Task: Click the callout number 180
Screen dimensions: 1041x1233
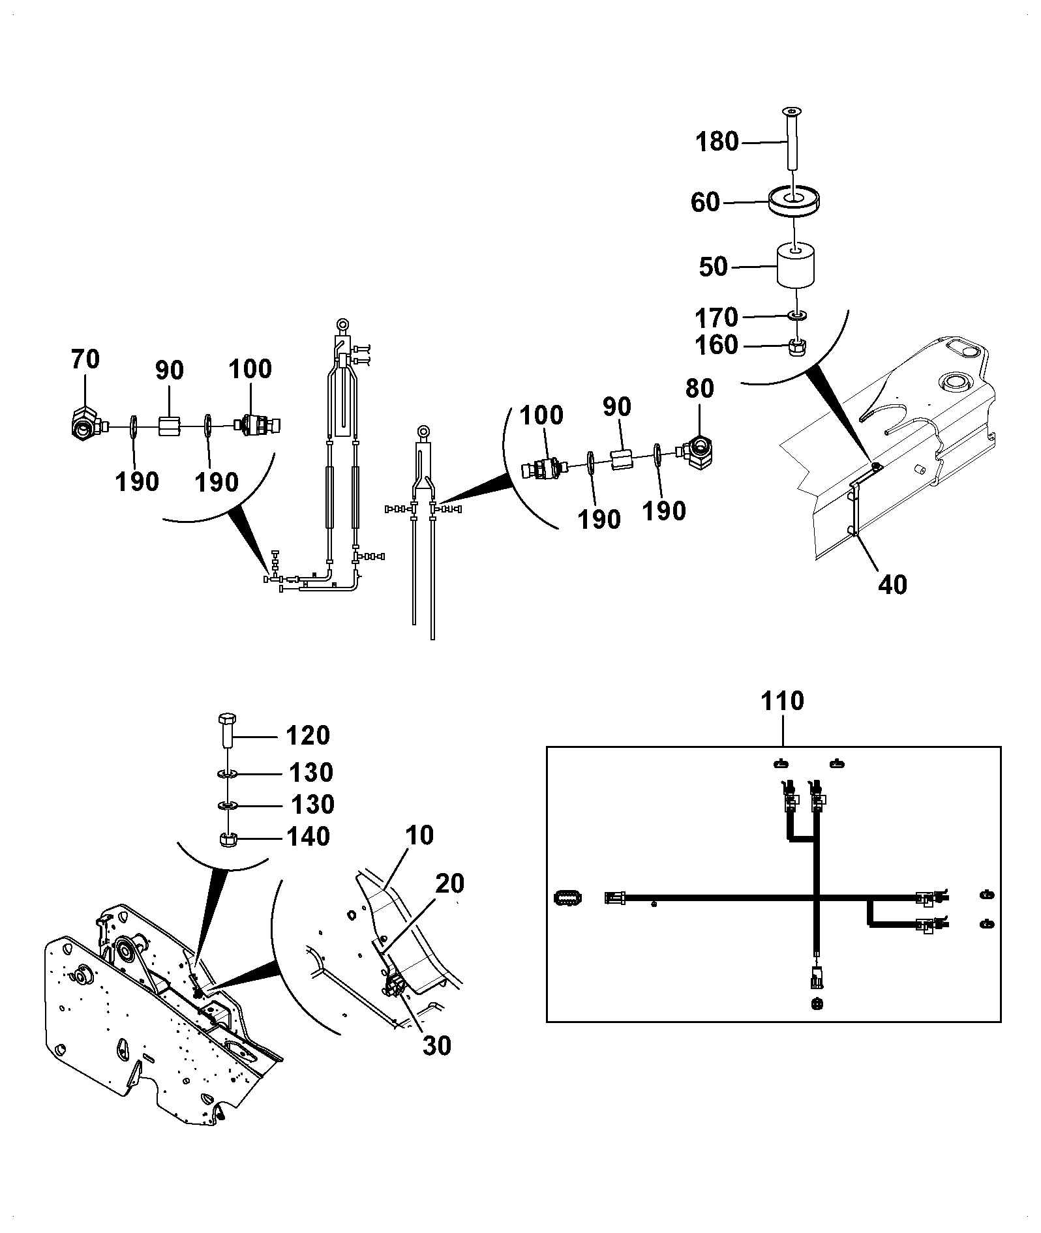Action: [717, 141]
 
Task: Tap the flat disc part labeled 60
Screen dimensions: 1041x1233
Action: [794, 201]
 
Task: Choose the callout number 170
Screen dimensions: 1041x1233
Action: [716, 318]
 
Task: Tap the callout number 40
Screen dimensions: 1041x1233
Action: [892, 585]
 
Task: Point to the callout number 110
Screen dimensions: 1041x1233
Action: [783, 702]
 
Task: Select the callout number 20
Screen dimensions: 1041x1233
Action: [449, 884]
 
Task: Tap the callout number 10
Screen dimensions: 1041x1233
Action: [419, 835]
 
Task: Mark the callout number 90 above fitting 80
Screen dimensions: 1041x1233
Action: [616, 407]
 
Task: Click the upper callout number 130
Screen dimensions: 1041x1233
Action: [311, 773]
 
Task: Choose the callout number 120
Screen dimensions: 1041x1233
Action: [309, 736]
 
